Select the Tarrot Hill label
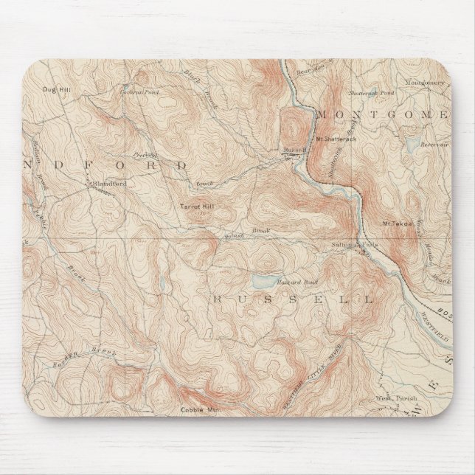pyautogui.click(x=196, y=207)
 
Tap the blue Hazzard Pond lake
pyautogui.click(x=262, y=282)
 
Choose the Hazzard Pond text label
pyautogui.click(x=286, y=283)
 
